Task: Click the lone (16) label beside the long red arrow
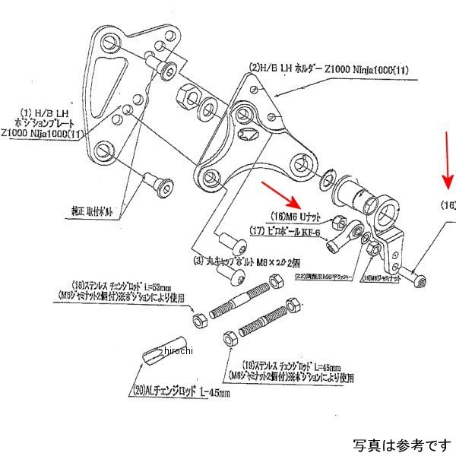[x=448, y=205]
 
